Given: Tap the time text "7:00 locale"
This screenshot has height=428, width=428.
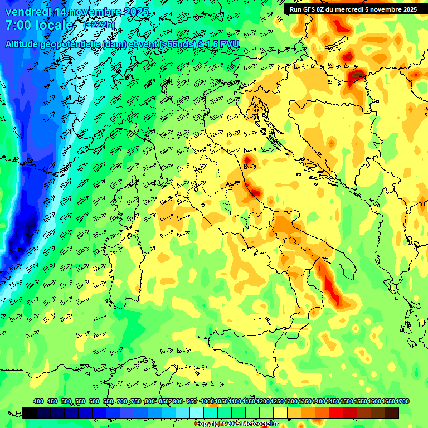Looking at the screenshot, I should point(39,25).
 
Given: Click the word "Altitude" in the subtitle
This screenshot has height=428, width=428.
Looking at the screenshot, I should point(26,44).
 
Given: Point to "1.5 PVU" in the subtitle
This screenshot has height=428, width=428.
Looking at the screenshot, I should point(222,44).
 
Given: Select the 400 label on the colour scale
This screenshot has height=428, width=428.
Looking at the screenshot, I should point(38,402).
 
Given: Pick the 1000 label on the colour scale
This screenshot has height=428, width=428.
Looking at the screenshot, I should point(207,402).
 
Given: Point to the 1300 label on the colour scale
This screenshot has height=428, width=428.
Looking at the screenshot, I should point(291,402).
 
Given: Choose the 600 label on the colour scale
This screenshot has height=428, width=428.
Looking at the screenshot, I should point(94,402).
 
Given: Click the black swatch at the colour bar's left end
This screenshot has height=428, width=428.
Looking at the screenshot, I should point(30,412).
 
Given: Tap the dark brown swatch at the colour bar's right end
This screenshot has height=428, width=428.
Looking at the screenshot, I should point(392,412).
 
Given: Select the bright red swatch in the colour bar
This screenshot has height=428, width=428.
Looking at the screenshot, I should point(336,412).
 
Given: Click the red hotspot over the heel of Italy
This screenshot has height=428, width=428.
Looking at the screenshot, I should point(332,290).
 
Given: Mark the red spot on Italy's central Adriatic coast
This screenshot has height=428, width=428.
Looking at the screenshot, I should point(255,192).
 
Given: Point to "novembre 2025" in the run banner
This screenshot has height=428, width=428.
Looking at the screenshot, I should point(392,9).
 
